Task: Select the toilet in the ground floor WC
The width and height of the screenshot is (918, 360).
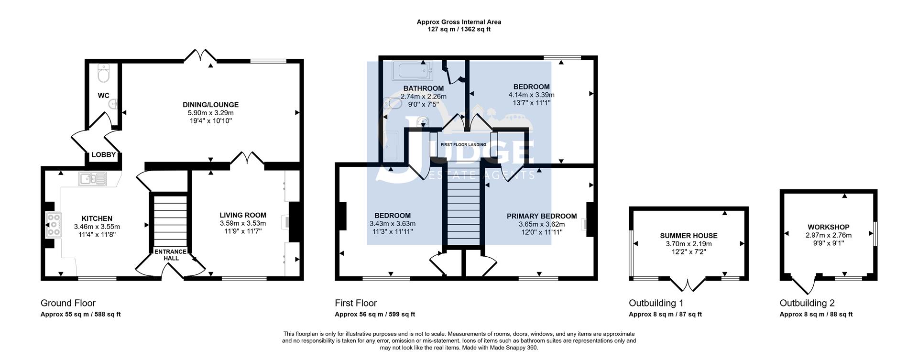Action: (103, 73)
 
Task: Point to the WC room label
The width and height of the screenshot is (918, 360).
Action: (104, 96)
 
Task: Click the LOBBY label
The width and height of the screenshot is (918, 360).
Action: (104, 154)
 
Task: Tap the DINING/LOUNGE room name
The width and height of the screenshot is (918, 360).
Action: (210, 105)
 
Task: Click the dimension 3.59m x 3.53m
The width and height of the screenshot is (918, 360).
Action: (243, 223)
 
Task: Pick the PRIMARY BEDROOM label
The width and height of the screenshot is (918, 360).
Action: (542, 216)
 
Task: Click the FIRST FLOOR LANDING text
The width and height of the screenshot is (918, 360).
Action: (463, 144)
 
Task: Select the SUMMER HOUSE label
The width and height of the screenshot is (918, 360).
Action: (688, 236)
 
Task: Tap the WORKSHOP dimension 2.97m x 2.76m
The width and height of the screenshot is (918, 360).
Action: (829, 235)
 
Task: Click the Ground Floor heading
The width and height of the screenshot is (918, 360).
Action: (68, 303)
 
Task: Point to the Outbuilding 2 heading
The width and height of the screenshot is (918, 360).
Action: (807, 303)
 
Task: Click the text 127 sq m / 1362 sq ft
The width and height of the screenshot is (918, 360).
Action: (459, 29)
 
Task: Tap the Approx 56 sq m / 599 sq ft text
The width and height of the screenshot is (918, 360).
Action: (375, 315)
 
